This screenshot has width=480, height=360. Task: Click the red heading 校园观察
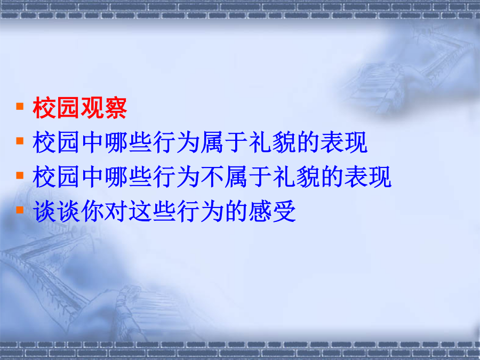point(79,108)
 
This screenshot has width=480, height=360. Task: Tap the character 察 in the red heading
point(115,108)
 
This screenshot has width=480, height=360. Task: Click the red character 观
point(92,108)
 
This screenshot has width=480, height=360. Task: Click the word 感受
point(272,211)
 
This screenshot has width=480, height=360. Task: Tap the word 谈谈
point(56,211)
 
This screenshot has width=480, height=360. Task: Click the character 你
point(92,211)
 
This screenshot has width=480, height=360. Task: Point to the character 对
point(116,211)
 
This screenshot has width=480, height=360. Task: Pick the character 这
point(140,211)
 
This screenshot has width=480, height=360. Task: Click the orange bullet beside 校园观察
point(20,106)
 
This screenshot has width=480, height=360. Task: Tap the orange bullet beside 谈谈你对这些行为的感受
point(20,210)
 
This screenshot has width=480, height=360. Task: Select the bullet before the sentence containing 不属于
point(20,175)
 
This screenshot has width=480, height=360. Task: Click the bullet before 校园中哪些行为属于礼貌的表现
point(20,141)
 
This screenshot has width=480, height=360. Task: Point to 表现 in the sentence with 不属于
point(367,177)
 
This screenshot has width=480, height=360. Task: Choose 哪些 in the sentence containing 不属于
point(127,177)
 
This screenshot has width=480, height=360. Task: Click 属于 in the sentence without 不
point(224,142)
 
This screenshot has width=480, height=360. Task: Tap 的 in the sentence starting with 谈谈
point(236,211)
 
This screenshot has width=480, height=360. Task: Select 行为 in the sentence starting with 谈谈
point(200,211)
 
